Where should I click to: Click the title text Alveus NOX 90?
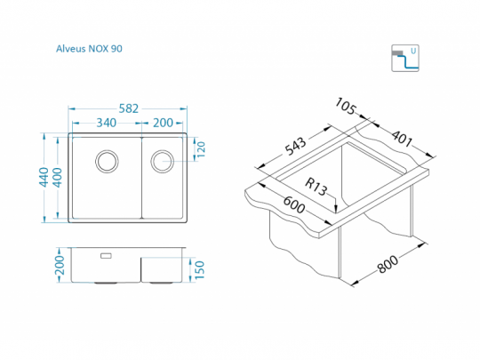(89, 49)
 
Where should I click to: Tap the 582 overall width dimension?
(129, 108)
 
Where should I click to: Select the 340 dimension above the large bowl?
(107, 123)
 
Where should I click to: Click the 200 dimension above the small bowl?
(163, 123)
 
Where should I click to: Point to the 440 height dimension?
(44, 177)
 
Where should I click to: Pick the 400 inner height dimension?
(57, 177)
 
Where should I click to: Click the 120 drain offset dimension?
(201, 149)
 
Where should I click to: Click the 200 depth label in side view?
(60, 265)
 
